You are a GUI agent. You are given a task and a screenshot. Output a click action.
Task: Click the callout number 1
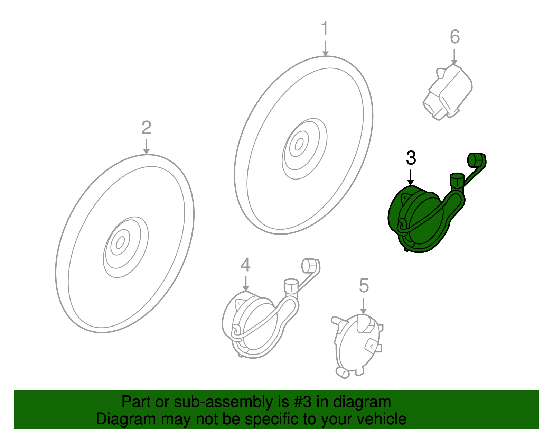(x=325, y=28)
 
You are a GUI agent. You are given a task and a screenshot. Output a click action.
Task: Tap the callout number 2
(x=146, y=128)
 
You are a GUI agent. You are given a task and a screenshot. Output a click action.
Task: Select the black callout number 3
(x=411, y=158)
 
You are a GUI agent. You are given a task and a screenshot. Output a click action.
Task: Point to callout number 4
(x=245, y=265)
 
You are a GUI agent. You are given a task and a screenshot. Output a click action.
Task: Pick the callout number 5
(x=364, y=285)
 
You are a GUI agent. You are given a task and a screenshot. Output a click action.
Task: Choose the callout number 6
(x=455, y=37)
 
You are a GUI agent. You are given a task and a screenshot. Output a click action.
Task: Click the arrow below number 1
(x=325, y=48)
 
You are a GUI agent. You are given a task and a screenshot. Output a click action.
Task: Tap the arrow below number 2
(x=146, y=146)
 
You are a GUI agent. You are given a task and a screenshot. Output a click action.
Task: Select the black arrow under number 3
(x=410, y=177)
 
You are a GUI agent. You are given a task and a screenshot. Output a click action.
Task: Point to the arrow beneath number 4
(x=245, y=283)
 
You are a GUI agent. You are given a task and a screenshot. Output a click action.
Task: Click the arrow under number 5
(x=363, y=306)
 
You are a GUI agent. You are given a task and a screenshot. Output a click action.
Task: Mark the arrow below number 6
(x=454, y=57)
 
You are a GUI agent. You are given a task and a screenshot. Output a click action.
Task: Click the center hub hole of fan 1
(x=299, y=144)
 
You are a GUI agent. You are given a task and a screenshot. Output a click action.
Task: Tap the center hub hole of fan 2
(x=120, y=242)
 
